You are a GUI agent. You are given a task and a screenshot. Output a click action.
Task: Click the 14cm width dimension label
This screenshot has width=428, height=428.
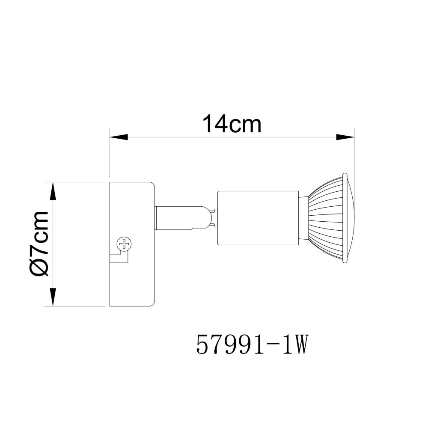tap(232, 125)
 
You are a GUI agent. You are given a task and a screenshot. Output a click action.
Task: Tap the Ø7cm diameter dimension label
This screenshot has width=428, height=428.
tap(39, 244)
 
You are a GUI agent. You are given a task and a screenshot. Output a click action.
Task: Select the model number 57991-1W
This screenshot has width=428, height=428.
tap(252, 345)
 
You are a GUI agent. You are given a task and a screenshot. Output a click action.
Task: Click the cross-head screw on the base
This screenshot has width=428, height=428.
tap(124, 244)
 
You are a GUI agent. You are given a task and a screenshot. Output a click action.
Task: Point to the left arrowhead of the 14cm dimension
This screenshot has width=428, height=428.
tap(119, 137)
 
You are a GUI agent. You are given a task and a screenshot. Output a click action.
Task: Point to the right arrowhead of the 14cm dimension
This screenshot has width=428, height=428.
tap(345, 137)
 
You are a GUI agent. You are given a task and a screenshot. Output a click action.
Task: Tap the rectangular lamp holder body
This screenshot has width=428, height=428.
tap(258, 218)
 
